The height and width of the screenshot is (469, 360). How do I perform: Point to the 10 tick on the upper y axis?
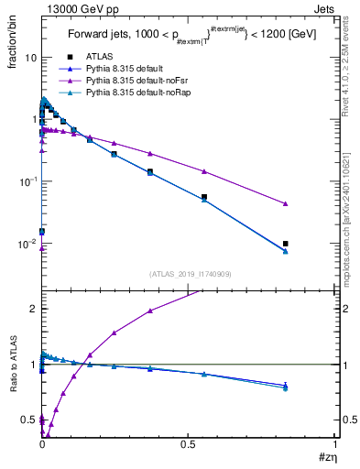coord(29,57)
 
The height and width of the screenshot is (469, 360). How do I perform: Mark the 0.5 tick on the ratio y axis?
coord(28,420)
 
